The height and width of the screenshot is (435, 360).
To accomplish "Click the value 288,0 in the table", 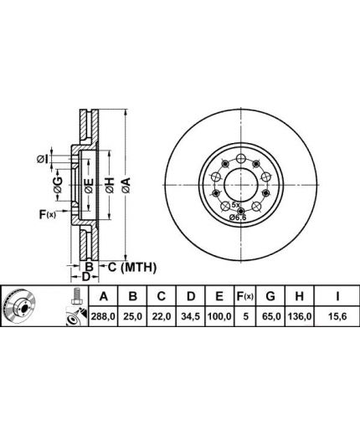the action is tap(103, 316).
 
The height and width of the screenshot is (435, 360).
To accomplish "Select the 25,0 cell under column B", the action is tap(133, 316).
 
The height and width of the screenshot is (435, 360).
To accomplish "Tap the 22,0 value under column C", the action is tap(162, 316).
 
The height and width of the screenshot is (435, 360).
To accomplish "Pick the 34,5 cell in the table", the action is tap(191, 316).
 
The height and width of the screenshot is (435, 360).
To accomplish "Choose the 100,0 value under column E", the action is tap(219, 316).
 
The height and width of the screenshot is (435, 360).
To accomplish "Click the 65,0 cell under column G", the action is tap(270, 316).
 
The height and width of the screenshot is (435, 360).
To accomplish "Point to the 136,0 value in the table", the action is tap(299, 316).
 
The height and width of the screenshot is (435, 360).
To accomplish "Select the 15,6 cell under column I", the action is tap(337, 316).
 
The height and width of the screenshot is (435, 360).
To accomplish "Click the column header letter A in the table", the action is tap(104, 296).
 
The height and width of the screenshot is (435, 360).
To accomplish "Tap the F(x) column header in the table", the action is tap(245, 296).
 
